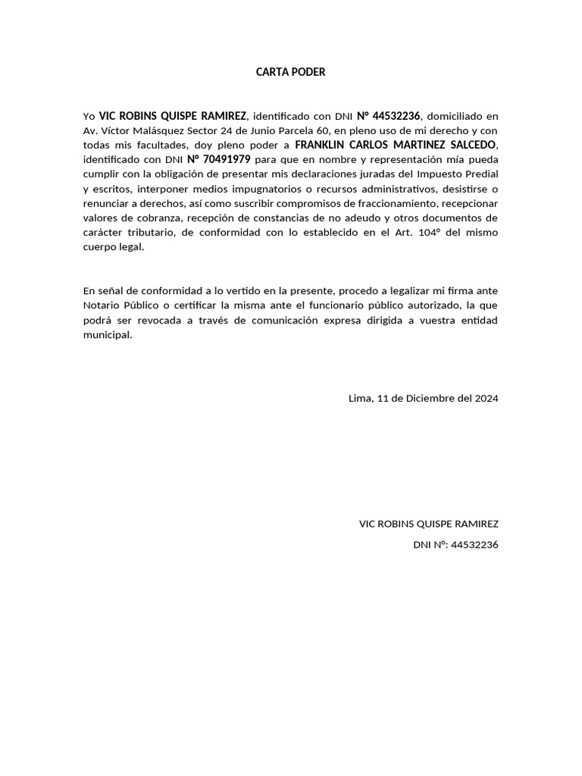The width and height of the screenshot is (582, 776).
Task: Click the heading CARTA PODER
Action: coord(290,73)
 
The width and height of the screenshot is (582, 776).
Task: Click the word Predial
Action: coord(480,174)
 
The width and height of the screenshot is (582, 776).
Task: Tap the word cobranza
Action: coord(148,218)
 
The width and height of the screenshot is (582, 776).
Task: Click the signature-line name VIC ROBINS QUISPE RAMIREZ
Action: coord(428,524)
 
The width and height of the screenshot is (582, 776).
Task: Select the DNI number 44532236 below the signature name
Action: coord(474,545)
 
